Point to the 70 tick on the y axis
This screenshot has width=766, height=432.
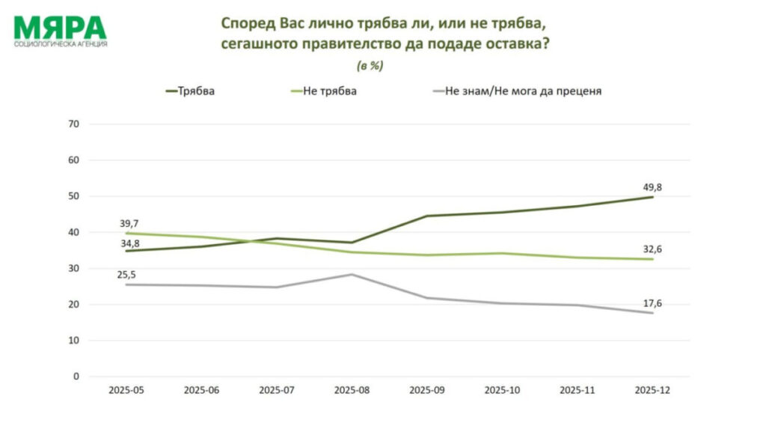74,124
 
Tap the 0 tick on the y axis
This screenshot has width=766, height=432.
76,377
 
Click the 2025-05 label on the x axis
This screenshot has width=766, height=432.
126,390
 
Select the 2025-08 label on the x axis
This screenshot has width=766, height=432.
352,390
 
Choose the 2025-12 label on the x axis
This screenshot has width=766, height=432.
652,390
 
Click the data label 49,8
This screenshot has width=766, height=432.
652,187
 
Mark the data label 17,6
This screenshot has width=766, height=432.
652,302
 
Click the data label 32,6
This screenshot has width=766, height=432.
652,250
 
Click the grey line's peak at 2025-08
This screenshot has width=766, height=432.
352,274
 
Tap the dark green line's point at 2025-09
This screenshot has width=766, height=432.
427,216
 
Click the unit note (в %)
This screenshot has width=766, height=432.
371,66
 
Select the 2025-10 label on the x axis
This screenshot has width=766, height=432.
502,390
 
